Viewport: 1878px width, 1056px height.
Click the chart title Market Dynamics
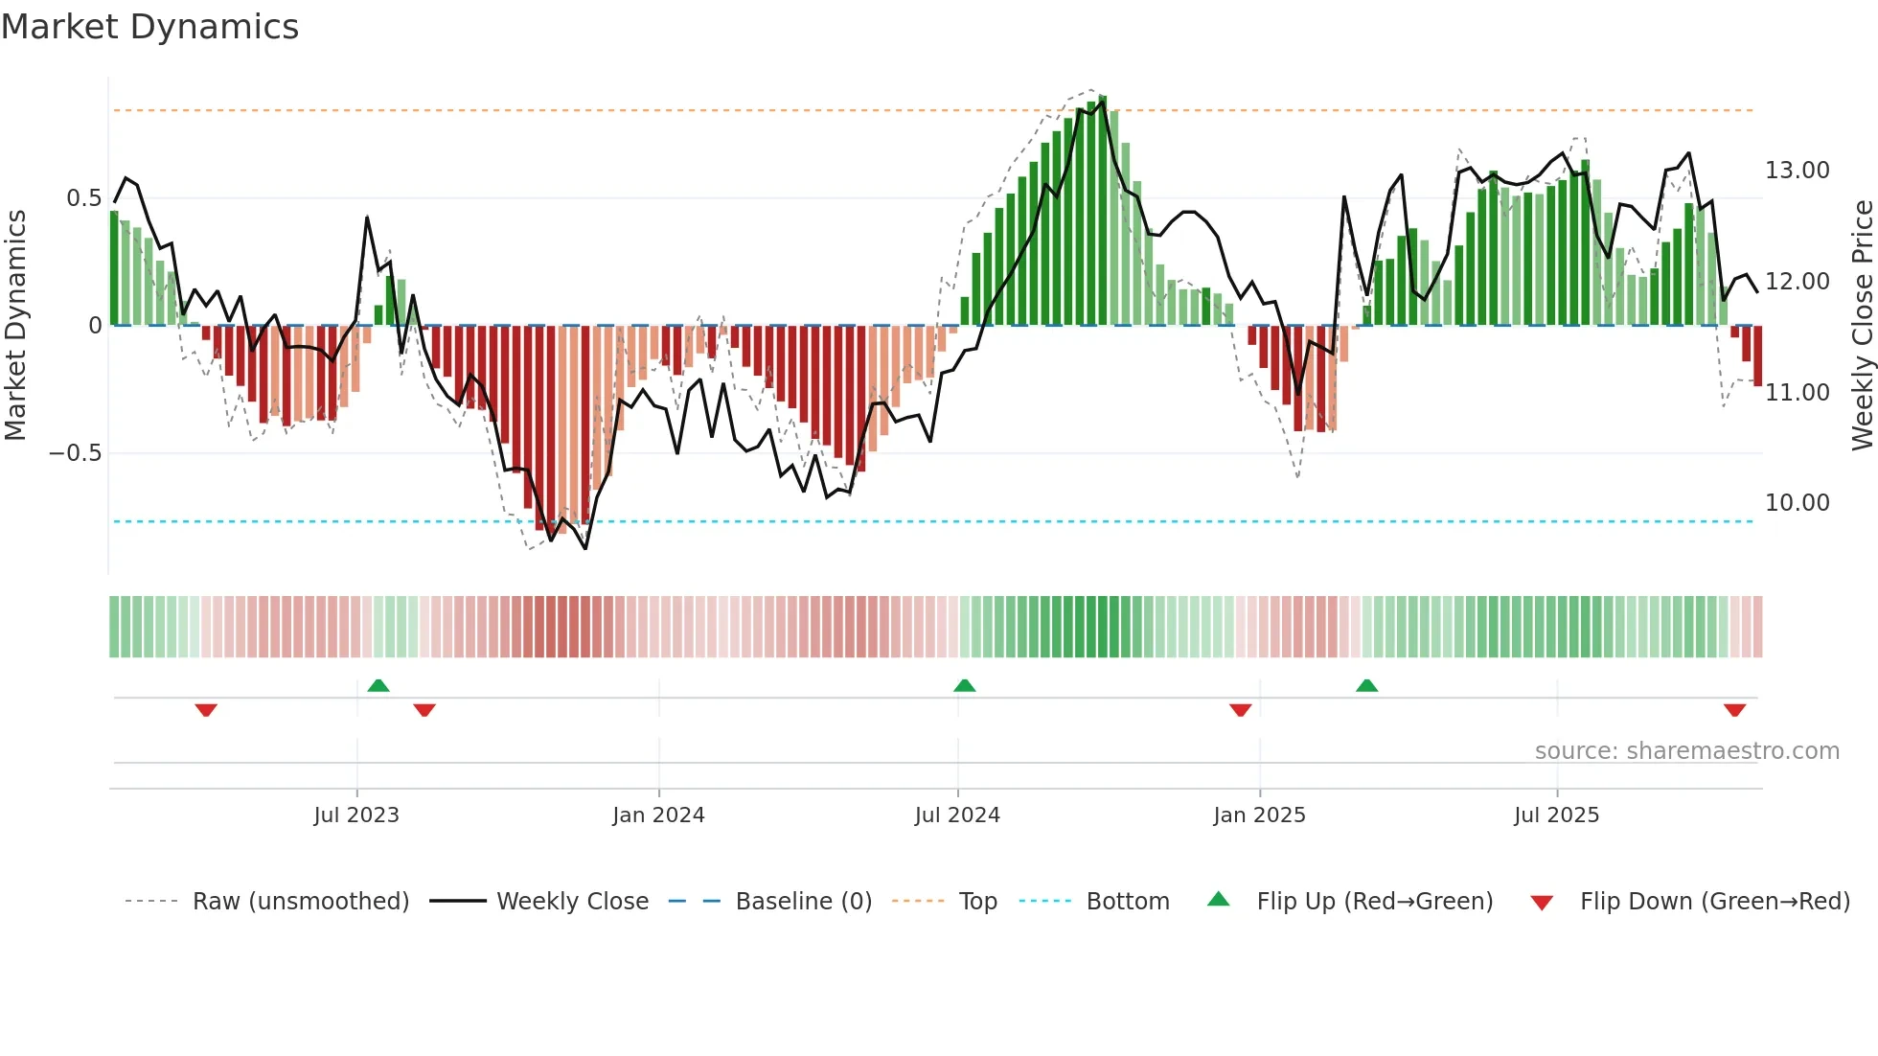point(149,27)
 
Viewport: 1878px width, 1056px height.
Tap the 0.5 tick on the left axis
point(83,198)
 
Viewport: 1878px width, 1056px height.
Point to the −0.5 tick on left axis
point(76,453)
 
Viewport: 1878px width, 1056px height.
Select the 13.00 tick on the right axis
point(1797,171)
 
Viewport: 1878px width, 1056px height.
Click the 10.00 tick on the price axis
point(1797,503)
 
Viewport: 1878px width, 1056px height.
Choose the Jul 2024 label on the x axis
point(957,815)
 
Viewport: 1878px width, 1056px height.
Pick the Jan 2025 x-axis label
point(1259,815)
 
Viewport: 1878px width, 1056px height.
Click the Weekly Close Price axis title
point(1862,326)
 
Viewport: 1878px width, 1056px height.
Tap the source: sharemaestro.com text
point(1686,751)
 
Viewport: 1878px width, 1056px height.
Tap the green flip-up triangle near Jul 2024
point(965,685)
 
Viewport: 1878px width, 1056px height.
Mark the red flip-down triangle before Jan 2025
point(1240,710)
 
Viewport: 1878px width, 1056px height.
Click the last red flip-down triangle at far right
point(1734,710)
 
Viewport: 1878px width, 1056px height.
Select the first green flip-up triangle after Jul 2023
point(378,685)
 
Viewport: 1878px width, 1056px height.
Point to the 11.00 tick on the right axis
point(1797,393)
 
